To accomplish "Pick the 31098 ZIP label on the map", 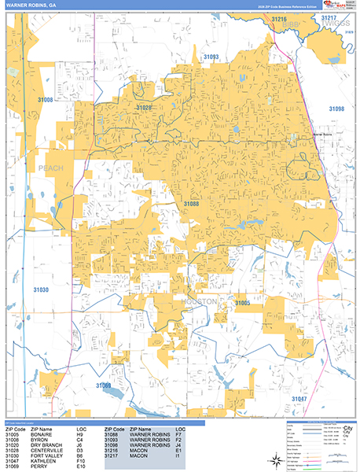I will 336,109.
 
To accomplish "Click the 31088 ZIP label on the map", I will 192,204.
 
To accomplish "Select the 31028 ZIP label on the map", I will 144,107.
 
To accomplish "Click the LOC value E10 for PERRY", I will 81,467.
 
